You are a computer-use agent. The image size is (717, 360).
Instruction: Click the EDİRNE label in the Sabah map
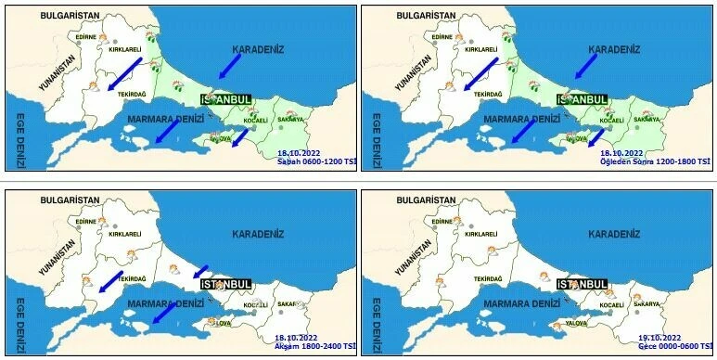(85, 38)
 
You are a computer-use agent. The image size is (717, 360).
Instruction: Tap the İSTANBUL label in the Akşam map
(226, 281)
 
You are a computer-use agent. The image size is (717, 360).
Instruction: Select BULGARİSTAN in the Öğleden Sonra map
(428, 17)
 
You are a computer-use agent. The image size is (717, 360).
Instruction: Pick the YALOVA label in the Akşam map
(219, 324)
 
